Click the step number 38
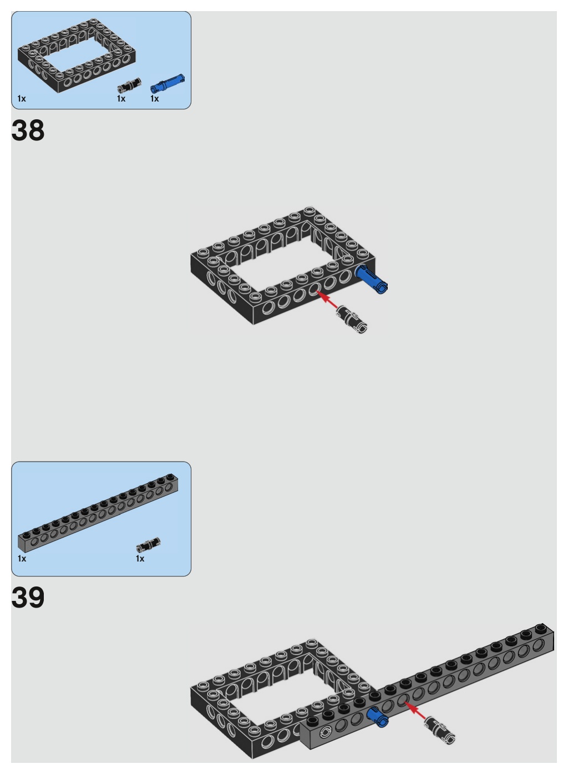tap(28, 131)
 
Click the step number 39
tap(28, 598)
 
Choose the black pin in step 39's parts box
tap(148, 544)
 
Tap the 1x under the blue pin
tap(154, 99)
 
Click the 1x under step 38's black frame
tap(22, 99)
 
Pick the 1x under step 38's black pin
tap(121, 99)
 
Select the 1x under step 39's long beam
tap(22, 559)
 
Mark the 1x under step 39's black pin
tap(140, 559)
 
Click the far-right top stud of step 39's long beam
tap(540, 627)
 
